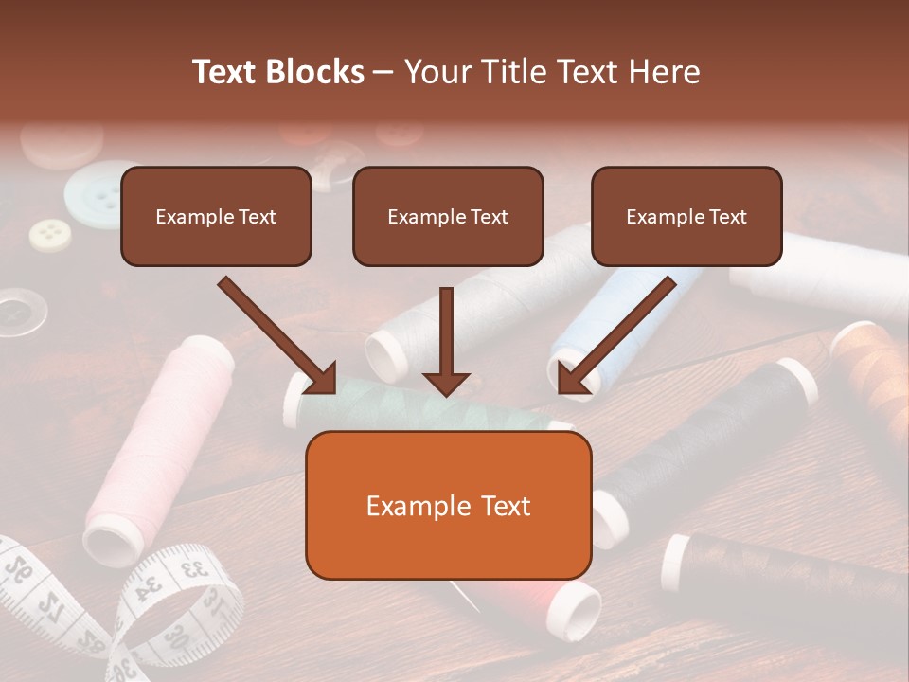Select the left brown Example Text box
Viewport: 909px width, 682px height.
point(216,216)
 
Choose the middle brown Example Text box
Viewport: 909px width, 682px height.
point(448,216)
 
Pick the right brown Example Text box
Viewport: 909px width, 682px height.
point(686,216)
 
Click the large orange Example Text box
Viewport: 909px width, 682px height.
point(448,506)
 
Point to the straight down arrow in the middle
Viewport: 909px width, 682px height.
point(446,341)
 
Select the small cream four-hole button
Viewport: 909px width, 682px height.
point(50,234)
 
